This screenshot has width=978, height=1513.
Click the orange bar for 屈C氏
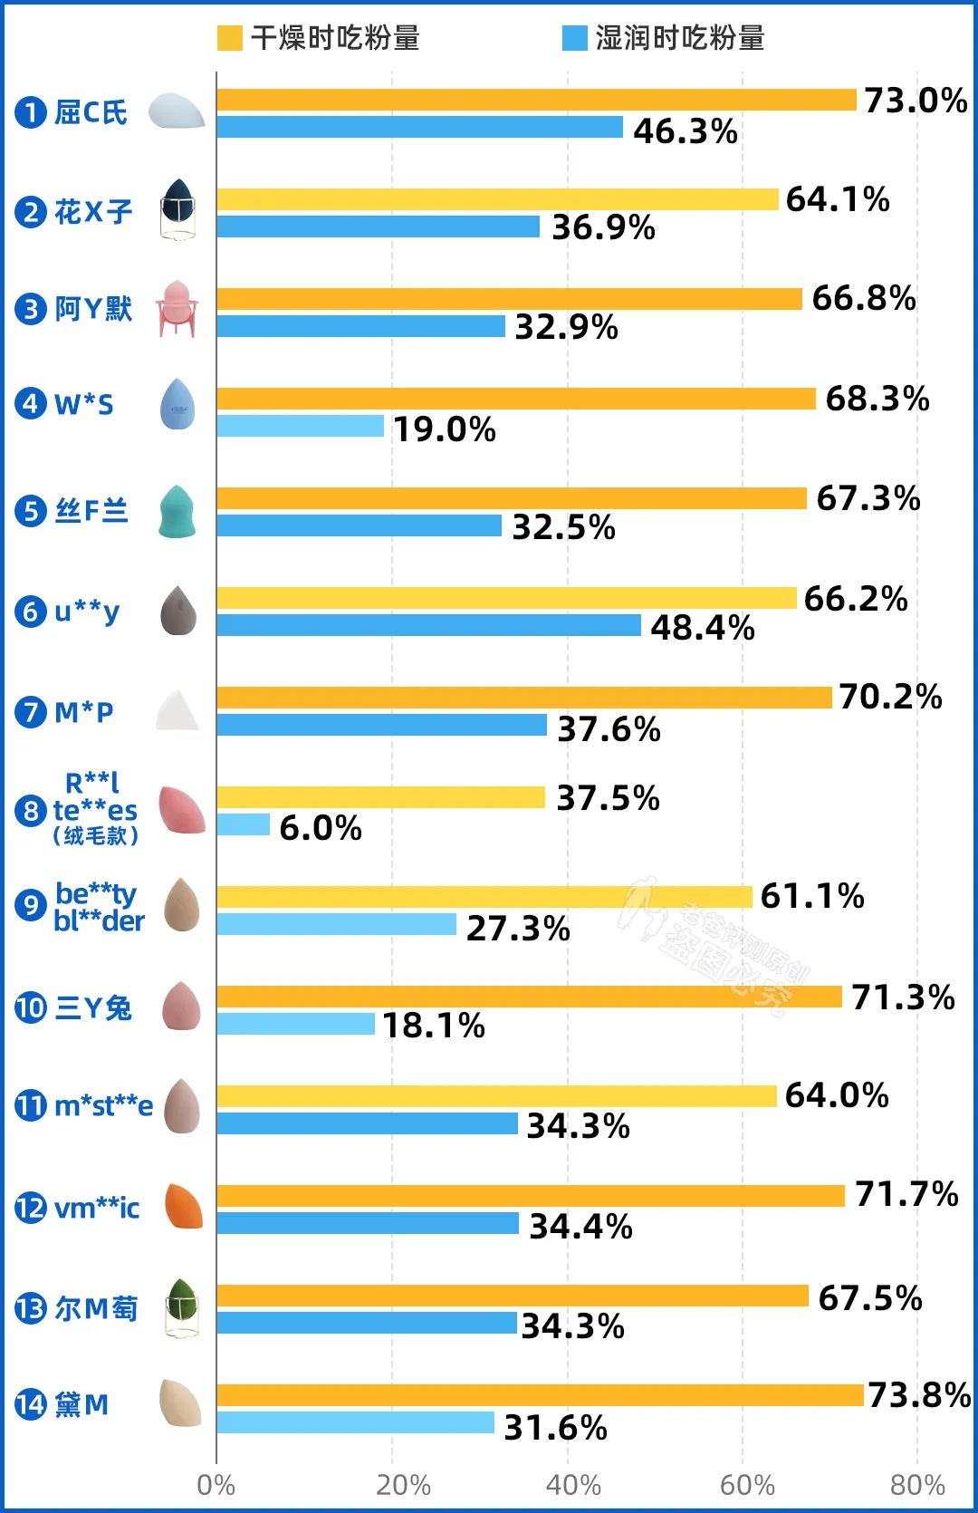pos(536,100)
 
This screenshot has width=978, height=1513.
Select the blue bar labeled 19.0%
pos(301,426)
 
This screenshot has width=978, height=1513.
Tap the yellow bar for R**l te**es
pos(380,797)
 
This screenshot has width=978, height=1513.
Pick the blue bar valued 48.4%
pos(428,625)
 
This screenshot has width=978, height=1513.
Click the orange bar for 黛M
pos(540,1395)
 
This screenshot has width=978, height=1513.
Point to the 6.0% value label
pos(321,827)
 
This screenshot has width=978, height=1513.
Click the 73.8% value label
pos(919,1395)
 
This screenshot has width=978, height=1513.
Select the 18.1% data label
pos(434,1026)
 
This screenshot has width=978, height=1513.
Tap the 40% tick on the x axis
pos(573,1486)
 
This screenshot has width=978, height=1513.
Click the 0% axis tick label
pos(216,1486)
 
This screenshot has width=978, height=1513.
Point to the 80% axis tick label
pos(917,1486)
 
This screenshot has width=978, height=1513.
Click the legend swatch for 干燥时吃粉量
pos(230,38)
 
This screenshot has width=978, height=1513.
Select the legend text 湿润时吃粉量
pos(680,38)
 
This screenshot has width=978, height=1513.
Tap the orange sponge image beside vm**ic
pos(183,1207)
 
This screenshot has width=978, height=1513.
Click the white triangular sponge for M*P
pos(177,711)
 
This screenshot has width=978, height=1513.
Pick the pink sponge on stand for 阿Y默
pos(177,308)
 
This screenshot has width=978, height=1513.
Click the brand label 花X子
pos(93,212)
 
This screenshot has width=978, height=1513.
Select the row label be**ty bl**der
pos(98,906)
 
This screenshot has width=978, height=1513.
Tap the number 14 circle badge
pos(30,1404)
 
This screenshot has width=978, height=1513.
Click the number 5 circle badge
pos(30,511)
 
